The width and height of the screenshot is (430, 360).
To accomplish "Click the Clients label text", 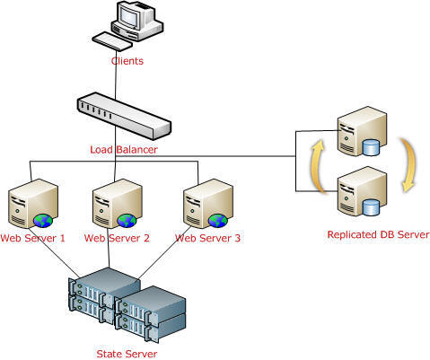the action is tap(127, 61).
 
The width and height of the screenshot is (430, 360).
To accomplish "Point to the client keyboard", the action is tap(112, 41).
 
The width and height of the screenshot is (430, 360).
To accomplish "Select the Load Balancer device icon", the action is tap(124, 116).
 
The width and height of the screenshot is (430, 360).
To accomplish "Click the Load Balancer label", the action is tap(124, 149).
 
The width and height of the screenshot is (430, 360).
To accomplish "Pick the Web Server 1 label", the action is tap(32, 238).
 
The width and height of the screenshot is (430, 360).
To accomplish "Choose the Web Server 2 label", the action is tap(117, 238).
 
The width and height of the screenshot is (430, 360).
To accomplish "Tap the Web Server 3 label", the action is tap(207, 238).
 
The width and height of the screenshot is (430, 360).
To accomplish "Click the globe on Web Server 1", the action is tap(43, 221).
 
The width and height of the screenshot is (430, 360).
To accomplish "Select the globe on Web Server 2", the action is tap(127, 221).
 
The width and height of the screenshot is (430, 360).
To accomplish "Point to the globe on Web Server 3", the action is tap(218, 221).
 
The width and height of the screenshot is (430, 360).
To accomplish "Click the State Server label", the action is tap(127, 354).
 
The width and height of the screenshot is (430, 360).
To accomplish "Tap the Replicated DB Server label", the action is tap(379, 234).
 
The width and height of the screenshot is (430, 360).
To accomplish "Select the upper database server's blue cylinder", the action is tap(371, 147).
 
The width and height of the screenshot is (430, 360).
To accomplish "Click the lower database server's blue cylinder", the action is tap(371, 207).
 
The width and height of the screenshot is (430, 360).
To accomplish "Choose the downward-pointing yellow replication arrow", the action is tap(410, 164).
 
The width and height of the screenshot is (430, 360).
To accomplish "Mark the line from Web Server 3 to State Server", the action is tap(165, 252).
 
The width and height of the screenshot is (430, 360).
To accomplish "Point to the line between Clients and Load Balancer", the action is tap(116, 75).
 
